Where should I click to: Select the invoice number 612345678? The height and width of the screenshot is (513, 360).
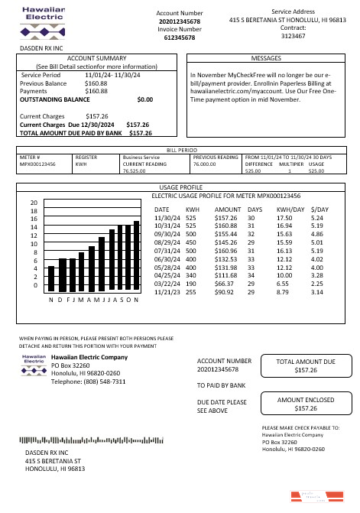pos(180,37)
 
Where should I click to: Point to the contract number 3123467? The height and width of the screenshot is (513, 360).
pos(294,35)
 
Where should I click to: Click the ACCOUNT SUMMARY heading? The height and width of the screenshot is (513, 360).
pos(96,58)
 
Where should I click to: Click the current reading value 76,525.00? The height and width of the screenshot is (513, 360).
pos(134,172)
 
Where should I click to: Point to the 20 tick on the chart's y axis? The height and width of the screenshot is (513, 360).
pos(34,203)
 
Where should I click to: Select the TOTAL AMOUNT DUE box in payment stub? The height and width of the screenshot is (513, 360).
pos(305,365)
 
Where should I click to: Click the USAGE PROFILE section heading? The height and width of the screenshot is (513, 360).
pos(180,187)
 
